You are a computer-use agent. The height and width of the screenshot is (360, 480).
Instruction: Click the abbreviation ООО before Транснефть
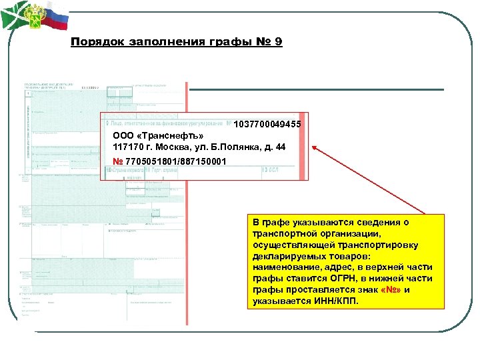click(x=123, y=136)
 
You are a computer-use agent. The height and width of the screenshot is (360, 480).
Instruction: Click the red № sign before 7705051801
click(x=118, y=162)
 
